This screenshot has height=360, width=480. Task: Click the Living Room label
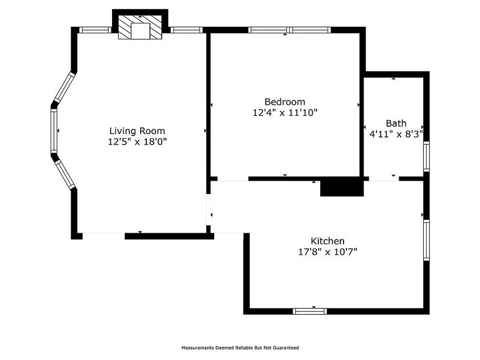(137, 130)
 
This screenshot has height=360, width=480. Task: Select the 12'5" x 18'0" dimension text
(137, 141)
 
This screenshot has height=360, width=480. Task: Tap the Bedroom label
(285, 102)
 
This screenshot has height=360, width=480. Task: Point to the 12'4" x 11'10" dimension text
(285, 113)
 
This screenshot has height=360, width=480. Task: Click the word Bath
(396, 123)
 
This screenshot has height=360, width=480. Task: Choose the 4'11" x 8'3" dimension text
(396, 133)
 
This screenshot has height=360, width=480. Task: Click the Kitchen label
(328, 241)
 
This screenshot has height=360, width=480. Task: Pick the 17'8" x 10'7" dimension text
(328, 252)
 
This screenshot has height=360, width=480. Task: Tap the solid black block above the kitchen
(342, 187)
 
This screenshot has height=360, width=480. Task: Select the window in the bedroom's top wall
(290, 29)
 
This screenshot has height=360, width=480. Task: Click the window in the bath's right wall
(426, 156)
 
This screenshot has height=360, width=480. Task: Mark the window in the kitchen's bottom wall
(310, 311)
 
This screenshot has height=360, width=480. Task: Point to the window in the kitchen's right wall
(426, 240)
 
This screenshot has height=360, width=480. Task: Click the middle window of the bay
(54, 131)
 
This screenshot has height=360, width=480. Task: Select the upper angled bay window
(64, 88)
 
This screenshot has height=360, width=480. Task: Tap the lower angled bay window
(64, 173)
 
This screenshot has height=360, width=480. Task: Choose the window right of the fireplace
(186, 29)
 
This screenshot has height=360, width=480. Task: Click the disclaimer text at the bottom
(240, 347)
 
